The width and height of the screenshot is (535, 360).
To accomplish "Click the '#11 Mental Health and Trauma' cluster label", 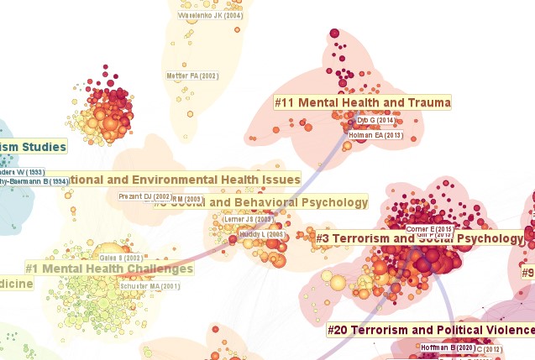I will click(363, 102).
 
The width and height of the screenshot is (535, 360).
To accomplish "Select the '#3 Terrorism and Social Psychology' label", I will click(420, 238).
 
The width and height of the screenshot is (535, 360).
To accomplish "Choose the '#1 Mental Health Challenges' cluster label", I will click(109, 269).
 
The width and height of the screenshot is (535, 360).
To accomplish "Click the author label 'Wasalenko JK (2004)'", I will click(211, 15).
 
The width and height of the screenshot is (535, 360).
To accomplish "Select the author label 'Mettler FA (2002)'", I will click(193, 76).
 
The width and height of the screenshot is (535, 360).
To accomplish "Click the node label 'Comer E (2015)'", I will click(430, 228).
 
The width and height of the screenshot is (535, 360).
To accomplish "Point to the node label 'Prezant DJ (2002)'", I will click(144, 196).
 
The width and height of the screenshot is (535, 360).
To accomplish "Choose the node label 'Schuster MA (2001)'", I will click(152, 286).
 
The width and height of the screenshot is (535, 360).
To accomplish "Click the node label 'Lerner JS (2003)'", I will click(249, 219).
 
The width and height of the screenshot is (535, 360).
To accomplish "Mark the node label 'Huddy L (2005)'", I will click(261, 234).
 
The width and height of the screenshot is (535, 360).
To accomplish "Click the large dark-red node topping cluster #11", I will click(334, 34).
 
